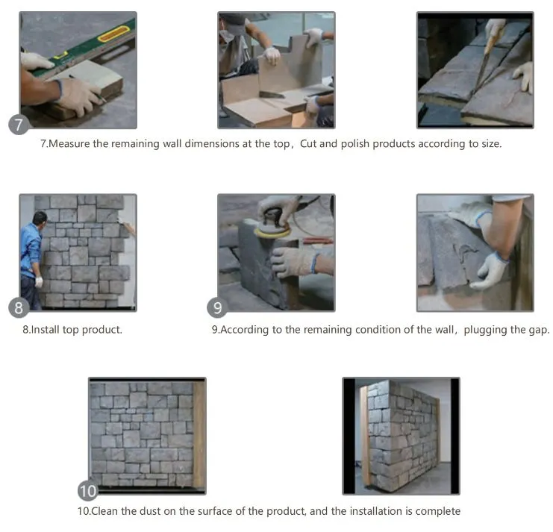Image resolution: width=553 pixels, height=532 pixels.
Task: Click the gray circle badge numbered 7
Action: pyautogui.click(x=19, y=125)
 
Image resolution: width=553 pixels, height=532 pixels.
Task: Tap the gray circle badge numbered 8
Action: pyautogui.click(x=19, y=307)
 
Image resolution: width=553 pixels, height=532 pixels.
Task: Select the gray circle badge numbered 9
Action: pyautogui.click(x=217, y=307)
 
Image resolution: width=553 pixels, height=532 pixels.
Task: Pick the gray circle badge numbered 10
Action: pyautogui.click(x=88, y=490)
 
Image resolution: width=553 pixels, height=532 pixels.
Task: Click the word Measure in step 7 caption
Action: pyautogui.click(x=69, y=144)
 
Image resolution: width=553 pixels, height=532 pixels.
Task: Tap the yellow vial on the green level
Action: pyautogui.click(x=113, y=34)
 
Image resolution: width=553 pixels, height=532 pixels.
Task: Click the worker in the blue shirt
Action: pyautogui.click(x=32, y=260)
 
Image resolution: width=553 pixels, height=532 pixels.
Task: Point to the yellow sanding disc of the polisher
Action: pyautogui.click(x=272, y=231)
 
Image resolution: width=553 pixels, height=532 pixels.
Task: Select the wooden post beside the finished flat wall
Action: pyautogui.click(x=199, y=435)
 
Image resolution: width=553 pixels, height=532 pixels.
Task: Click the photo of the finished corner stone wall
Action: pyautogui.click(x=401, y=436)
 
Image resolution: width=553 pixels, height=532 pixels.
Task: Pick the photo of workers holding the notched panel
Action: pyautogui.click(x=276, y=70)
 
